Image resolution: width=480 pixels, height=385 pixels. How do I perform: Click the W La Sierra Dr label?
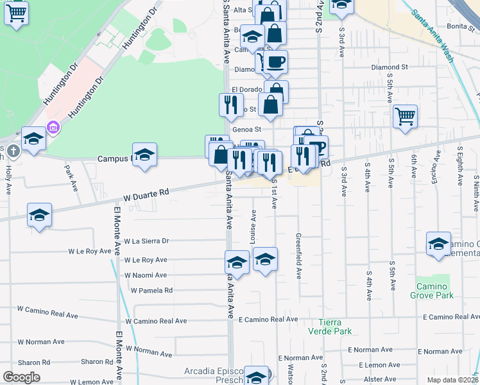(x=146, y=241)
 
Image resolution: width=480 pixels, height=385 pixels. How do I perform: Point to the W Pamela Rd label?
(x=151, y=290)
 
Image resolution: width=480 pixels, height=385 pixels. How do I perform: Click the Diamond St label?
(x=390, y=67)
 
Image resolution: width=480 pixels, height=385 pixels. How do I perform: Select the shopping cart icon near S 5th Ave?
(x=405, y=117)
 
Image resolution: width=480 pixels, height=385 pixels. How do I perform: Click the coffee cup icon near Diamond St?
(x=275, y=62)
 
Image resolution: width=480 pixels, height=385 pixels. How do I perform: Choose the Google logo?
(x=21, y=377)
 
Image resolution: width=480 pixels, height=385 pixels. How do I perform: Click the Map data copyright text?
(x=453, y=380)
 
